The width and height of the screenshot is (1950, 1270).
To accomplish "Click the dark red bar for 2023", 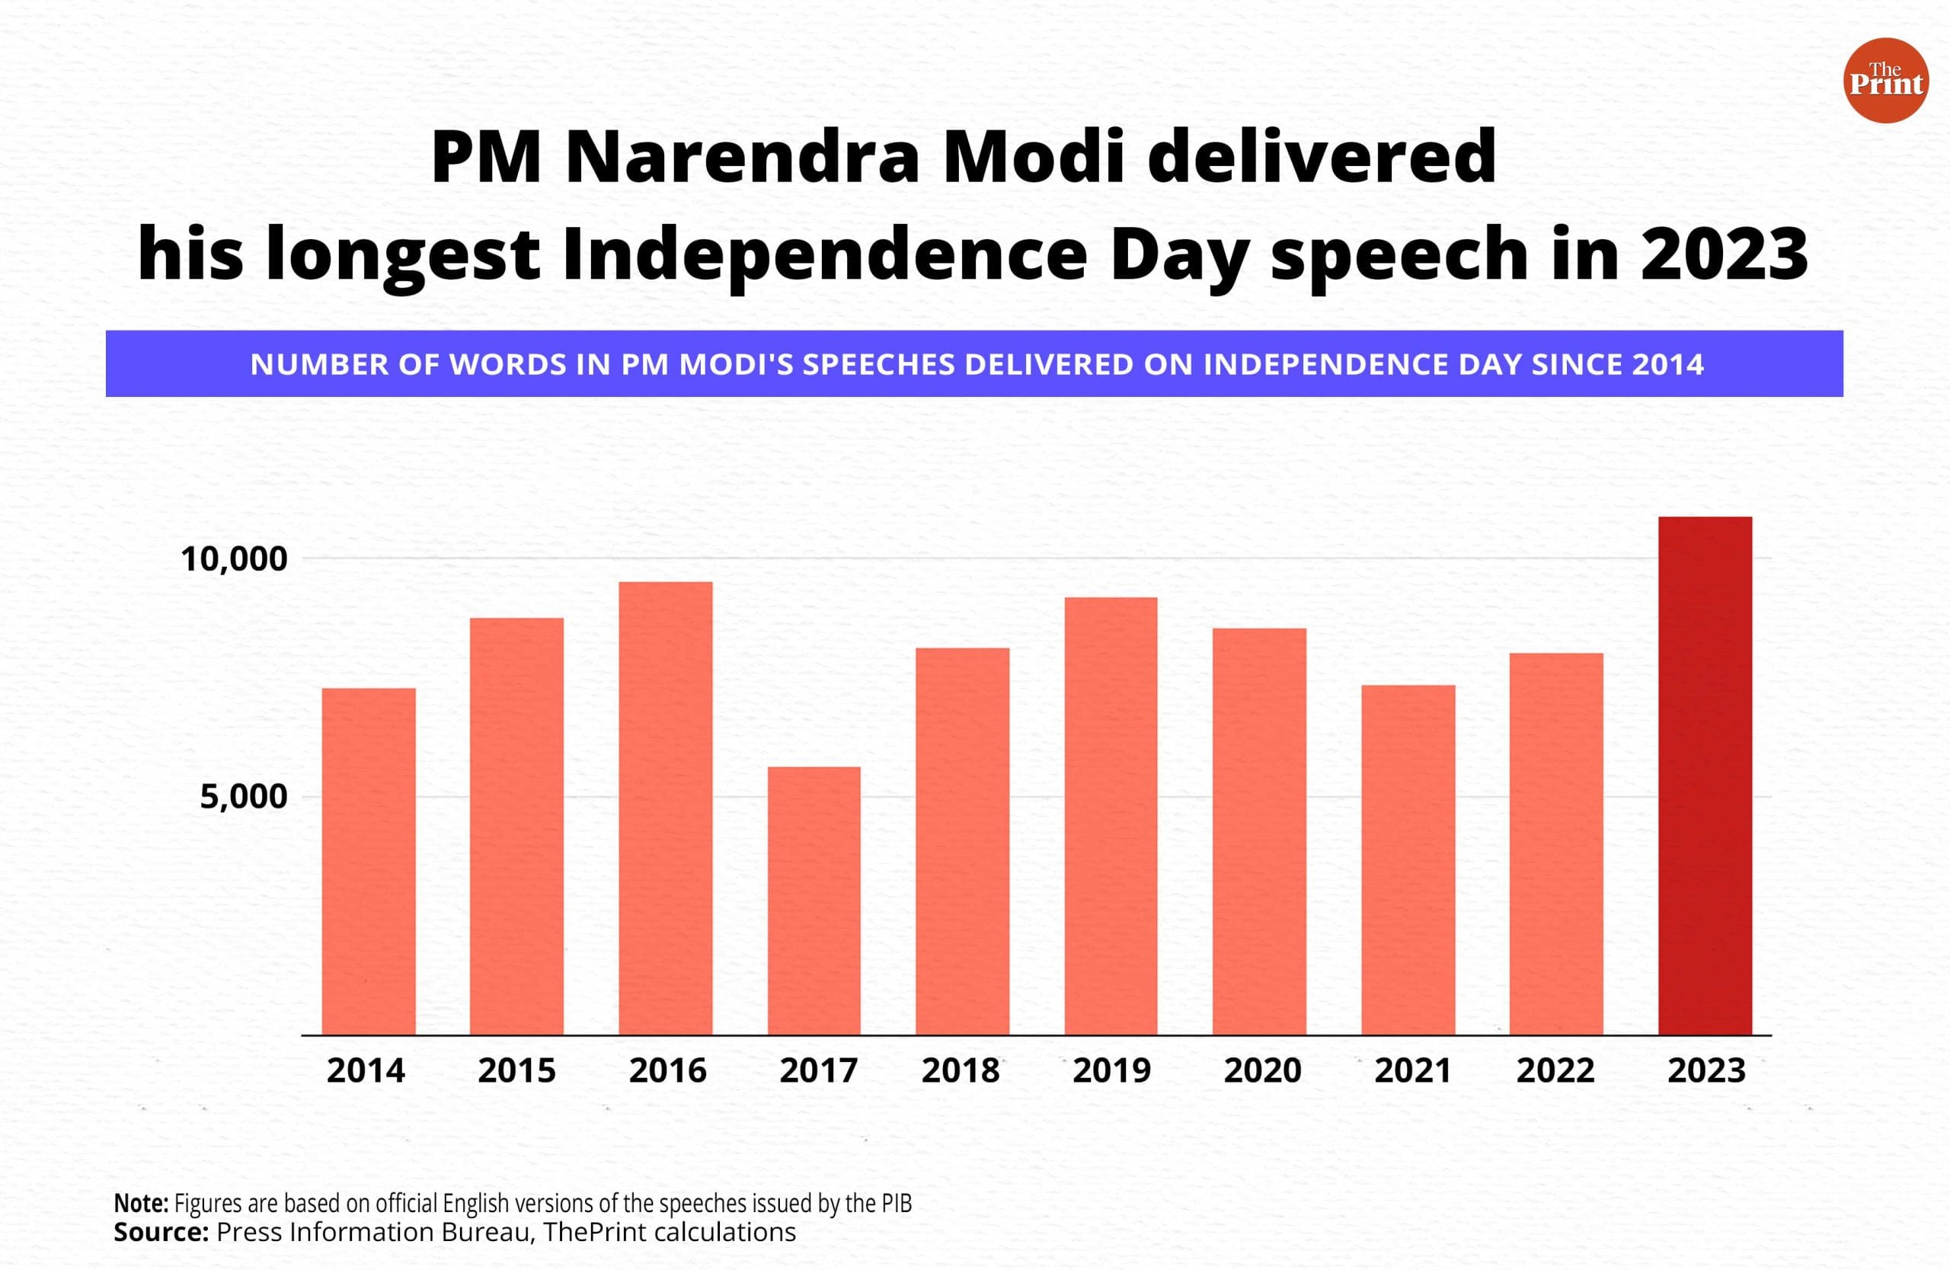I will click(1705, 775).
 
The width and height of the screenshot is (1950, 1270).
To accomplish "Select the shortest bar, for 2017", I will click(814, 901).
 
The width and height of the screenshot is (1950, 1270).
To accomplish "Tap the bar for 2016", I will click(665, 808).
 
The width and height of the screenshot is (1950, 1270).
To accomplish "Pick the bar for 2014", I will click(369, 861).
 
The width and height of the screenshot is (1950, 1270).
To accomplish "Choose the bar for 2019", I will click(1111, 816).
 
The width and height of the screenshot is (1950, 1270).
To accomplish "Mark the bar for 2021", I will click(1408, 859).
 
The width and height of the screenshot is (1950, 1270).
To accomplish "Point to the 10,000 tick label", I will click(235, 560).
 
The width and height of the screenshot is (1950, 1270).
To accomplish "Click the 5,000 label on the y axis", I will click(243, 796).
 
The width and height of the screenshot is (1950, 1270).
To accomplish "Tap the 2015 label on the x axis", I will click(516, 1071).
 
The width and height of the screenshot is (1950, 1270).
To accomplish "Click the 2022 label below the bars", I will click(1555, 1071).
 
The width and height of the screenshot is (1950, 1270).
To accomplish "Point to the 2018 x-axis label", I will click(961, 1071).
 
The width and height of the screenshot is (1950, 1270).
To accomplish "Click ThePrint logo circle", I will click(1885, 80).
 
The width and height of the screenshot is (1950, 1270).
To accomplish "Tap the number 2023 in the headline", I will click(1723, 254).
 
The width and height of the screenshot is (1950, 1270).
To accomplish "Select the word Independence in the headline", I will click(825, 254).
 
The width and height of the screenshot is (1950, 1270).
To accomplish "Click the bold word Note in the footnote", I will click(140, 1204).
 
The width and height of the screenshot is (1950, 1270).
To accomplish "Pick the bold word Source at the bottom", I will click(161, 1233).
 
